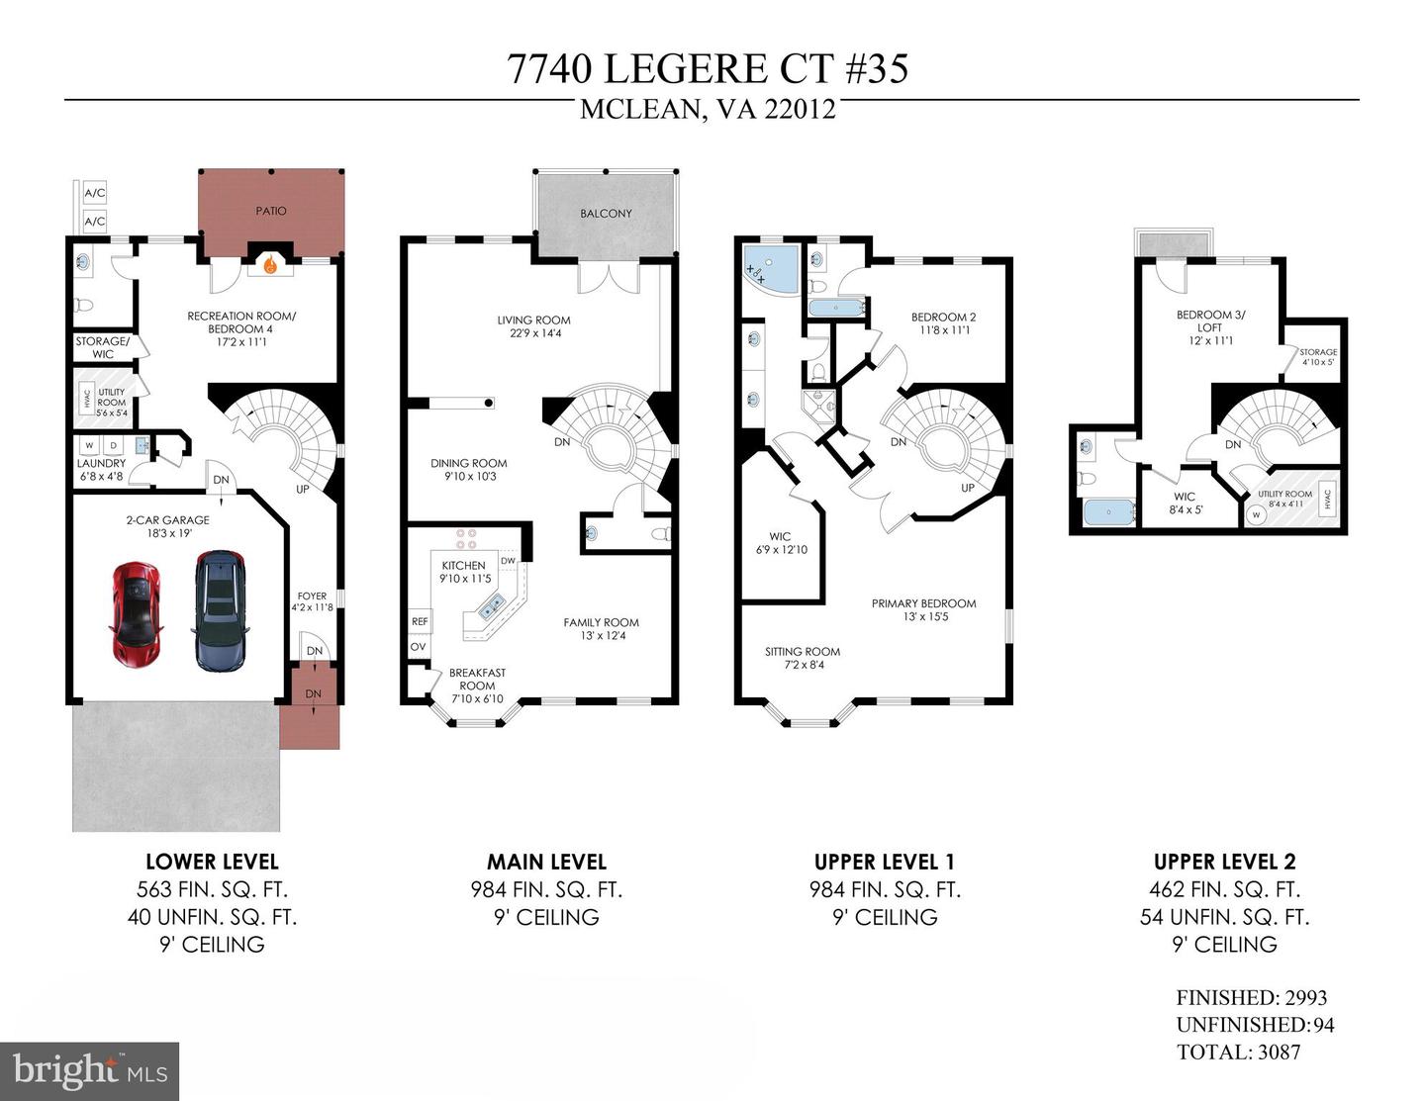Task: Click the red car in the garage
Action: point(136,614)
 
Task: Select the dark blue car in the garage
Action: point(221,610)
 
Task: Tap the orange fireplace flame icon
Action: point(270,265)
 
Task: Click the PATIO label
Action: point(271,211)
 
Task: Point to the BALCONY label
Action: point(606,214)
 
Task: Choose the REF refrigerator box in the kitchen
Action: point(420,621)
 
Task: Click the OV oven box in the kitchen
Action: point(419,647)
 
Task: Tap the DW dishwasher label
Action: point(509,561)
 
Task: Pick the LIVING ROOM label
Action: point(533,321)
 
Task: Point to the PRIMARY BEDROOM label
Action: point(923,603)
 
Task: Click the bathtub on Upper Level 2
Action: point(1108,511)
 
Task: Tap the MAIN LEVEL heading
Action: point(547,862)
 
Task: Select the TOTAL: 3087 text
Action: point(1238,1052)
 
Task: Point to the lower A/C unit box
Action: point(94,222)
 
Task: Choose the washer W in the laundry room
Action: point(90,445)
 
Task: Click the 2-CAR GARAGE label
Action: point(168,520)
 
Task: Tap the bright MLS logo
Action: point(90,1071)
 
